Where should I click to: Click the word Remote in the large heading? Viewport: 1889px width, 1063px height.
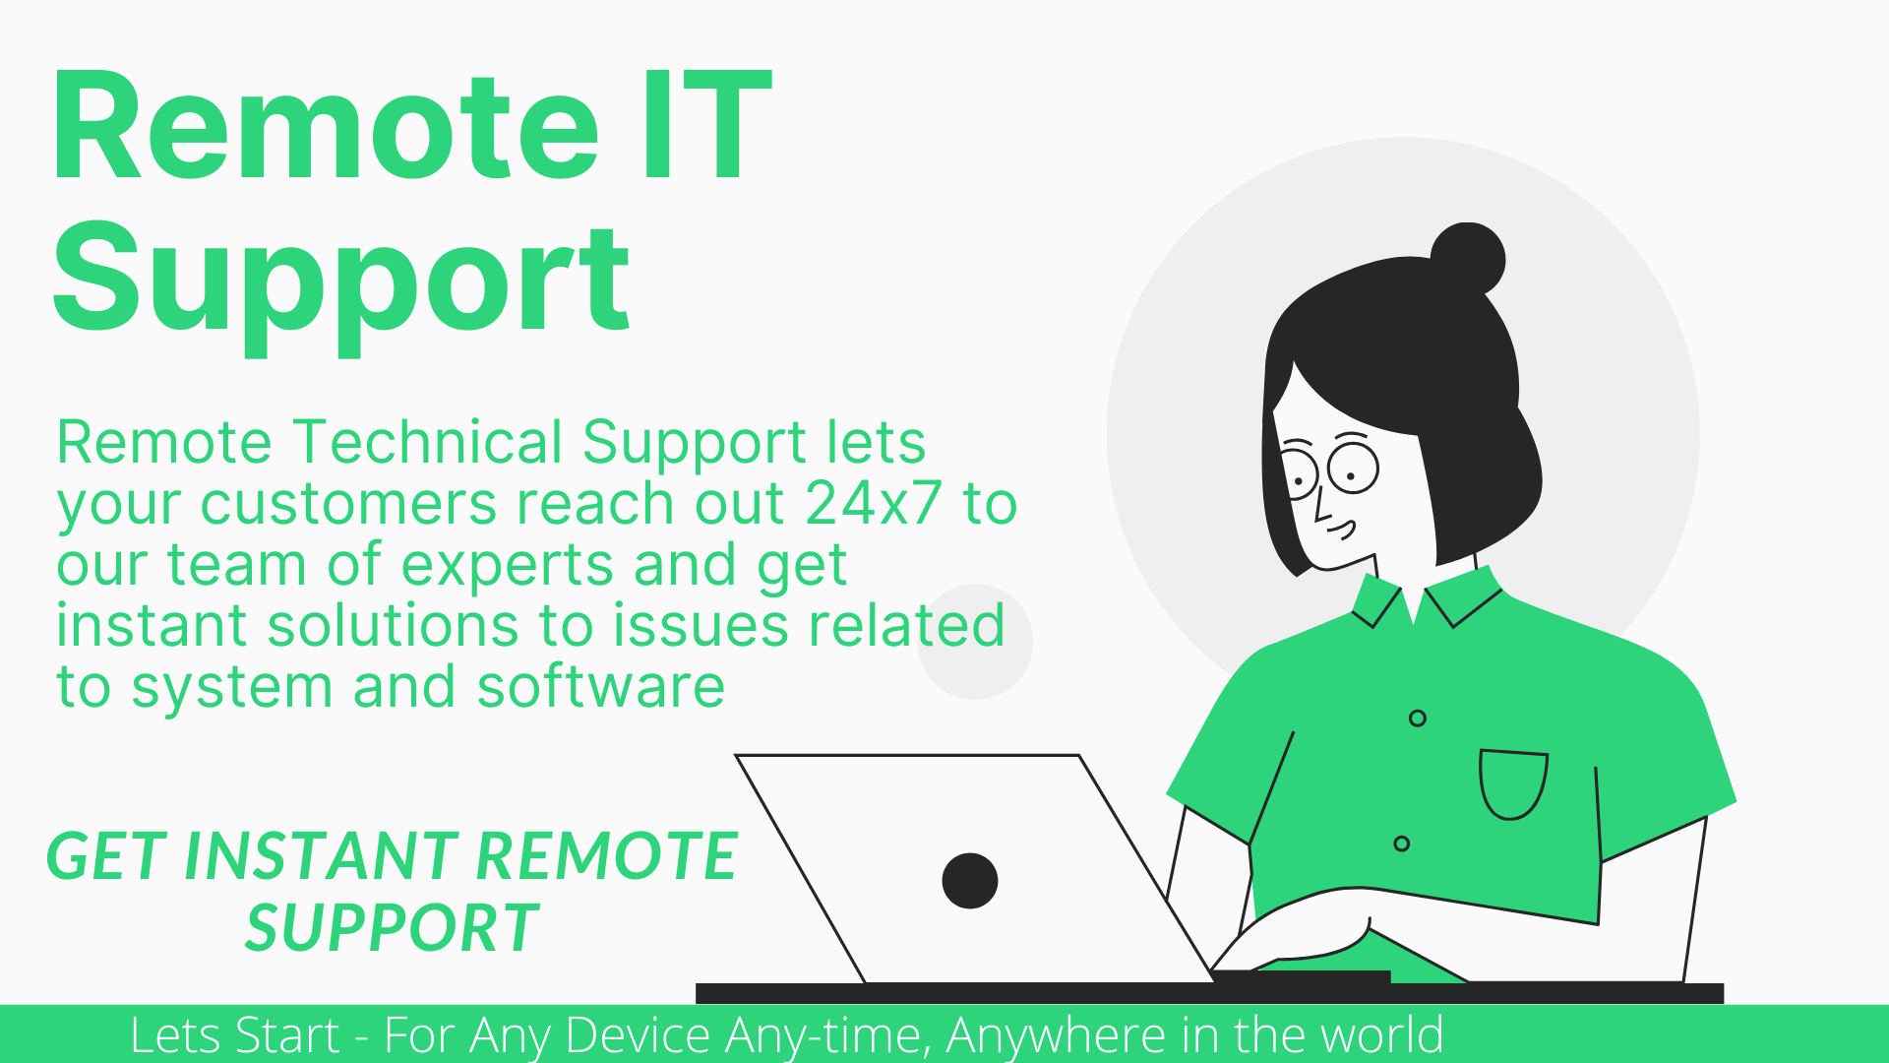326,126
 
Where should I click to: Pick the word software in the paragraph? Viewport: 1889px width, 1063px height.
601,686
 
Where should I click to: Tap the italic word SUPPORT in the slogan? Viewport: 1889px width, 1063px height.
392,927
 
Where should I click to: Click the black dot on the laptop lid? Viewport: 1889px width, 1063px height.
970,881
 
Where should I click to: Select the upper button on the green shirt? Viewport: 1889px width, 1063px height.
1418,719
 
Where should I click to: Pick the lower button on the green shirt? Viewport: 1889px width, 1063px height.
1402,844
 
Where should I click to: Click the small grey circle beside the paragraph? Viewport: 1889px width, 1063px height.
975,642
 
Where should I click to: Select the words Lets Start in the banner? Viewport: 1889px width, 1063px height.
235,1035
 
